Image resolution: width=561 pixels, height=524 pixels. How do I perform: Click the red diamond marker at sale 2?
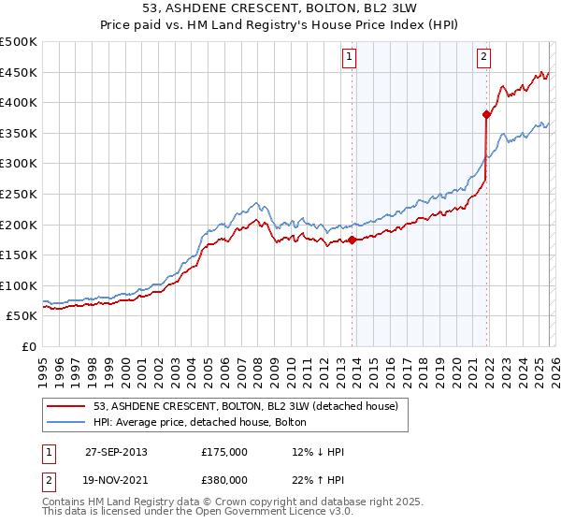coord(486,115)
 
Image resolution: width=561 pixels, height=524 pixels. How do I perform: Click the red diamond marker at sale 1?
coord(352,240)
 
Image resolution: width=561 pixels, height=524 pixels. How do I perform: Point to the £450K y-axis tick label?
coord(19,72)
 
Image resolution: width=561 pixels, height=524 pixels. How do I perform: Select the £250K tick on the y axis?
coord(19,194)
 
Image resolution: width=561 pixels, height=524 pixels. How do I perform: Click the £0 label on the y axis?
coord(28,346)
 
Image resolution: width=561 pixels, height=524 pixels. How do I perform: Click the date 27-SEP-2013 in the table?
coord(116,452)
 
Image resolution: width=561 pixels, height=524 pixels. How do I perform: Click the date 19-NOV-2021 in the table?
coord(116,480)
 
